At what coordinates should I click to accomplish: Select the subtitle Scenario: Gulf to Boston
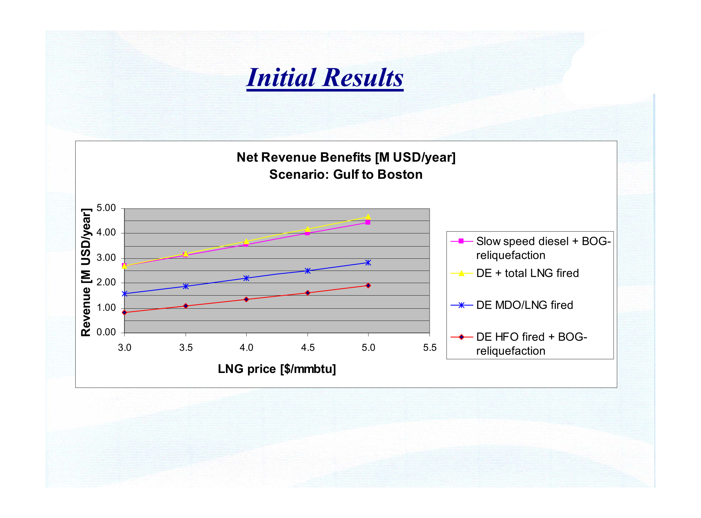[x=346, y=174]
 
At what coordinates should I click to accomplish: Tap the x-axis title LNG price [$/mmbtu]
[x=277, y=369]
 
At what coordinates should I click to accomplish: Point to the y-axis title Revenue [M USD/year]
[x=86, y=272]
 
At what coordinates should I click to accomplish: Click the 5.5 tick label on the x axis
[x=429, y=347]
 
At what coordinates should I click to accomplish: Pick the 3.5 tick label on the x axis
[x=186, y=347]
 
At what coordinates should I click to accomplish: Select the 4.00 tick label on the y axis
[x=106, y=232]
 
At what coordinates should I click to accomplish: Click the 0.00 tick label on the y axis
[x=106, y=332]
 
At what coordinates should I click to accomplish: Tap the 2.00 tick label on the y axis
[x=106, y=282]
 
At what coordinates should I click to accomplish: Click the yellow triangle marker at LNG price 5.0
[x=368, y=217]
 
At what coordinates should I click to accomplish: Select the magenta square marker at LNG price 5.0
[x=368, y=222]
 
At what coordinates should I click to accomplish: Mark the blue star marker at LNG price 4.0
[x=246, y=278]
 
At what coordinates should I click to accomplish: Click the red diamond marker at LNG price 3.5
[x=186, y=306]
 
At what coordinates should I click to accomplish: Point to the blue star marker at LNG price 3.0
[x=125, y=294]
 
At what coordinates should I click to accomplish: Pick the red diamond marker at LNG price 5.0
[x=368, y=285]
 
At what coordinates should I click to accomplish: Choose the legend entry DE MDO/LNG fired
[x=511, y=305]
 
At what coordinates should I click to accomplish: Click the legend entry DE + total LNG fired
[x=514, y=273]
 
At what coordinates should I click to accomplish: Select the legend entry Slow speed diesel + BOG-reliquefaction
[x=530, y=248]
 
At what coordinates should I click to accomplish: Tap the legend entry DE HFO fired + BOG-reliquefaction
[x=518, y=344]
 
